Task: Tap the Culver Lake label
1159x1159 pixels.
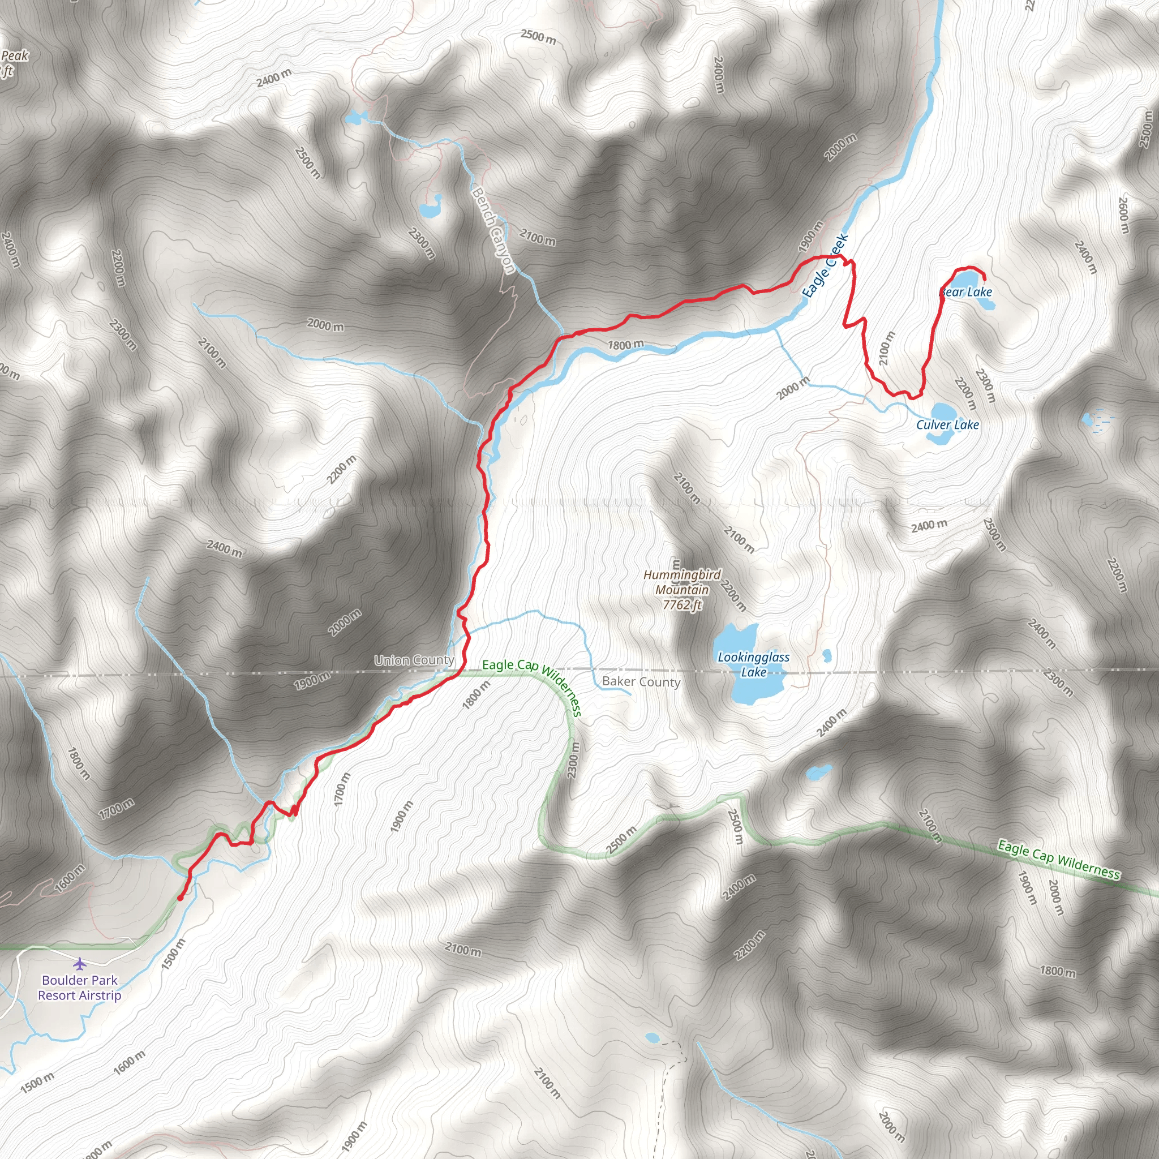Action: (947, 425)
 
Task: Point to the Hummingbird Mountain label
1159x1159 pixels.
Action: (682, 582)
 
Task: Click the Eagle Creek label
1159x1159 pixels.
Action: (826, 265)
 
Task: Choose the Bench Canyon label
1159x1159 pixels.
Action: (493, 230)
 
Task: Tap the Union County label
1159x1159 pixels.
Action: (414, 660)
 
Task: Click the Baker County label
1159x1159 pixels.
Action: (641, 681)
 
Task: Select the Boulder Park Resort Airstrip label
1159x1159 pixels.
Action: (80, 988)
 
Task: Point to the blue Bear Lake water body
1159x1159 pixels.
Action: (963, 280)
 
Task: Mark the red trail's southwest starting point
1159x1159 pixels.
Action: (180, 898)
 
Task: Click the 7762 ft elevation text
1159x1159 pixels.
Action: (682, 605)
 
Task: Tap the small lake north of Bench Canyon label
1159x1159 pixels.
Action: (430, 209)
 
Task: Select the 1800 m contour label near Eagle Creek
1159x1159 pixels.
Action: (626, 345)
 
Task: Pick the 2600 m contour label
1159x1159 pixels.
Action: (1123, 216)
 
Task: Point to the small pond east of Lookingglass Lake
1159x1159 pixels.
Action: (827, 655)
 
